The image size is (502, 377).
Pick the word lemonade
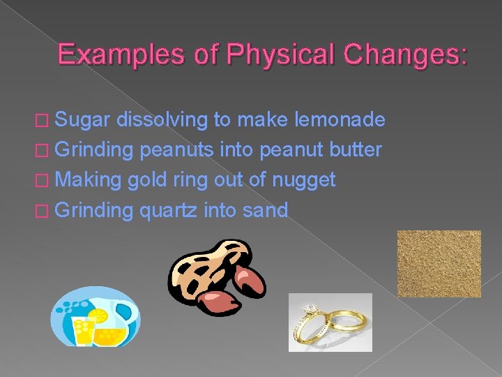point(340,120)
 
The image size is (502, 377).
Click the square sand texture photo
point(439,263)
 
